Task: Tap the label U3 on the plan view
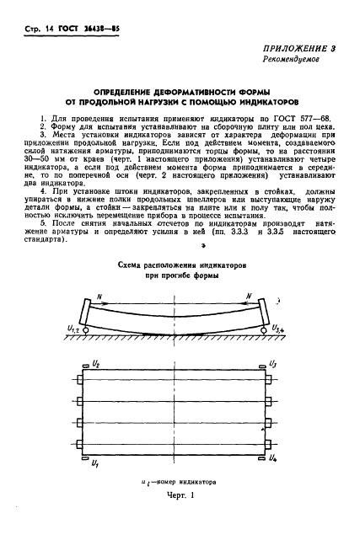tap(271, 365)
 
